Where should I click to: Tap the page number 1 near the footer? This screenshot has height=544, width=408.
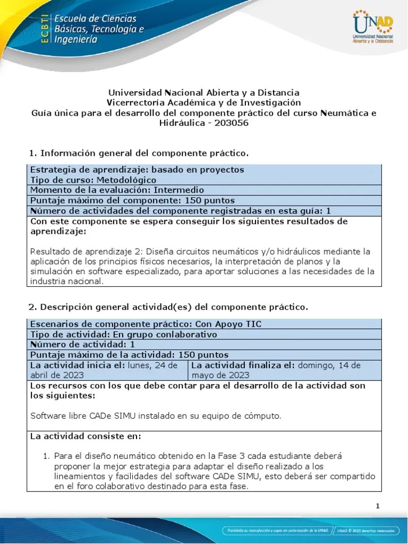(378, 506)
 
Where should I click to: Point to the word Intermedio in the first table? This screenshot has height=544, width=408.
(179, 190)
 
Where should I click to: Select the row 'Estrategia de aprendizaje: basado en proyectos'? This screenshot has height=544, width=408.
(137, 170)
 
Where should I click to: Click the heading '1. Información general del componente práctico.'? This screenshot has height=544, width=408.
(139, 154)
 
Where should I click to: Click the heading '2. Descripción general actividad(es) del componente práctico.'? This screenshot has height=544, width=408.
(167, 307)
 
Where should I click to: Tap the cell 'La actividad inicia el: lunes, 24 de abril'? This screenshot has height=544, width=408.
(107, 370)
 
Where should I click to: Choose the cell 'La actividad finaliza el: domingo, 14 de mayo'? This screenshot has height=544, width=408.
(284, 370)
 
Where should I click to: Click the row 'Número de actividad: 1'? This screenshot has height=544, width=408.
(83, 344)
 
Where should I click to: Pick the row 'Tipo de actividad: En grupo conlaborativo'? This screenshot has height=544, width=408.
(123, 334)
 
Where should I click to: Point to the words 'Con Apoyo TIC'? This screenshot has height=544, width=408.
(228, 324)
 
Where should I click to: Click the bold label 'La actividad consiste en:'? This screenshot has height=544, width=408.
(86, 436)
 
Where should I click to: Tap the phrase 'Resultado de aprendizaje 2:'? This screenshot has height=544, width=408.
(87, 251)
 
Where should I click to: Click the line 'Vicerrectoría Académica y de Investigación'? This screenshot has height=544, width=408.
(203, 103)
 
